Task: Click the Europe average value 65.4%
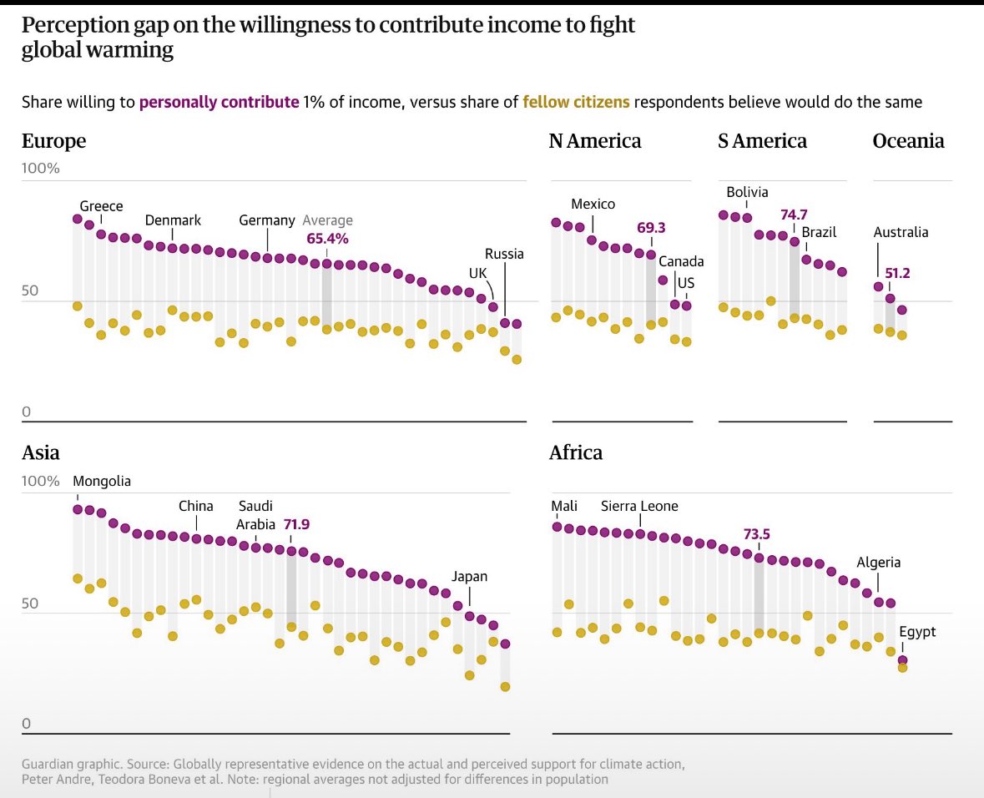click(x=327, y=239)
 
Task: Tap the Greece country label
click(x=101, y=206)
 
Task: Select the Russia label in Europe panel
click(x=504, y=254)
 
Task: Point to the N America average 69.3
click(x=651, y=228)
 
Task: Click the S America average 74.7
click(x=794, y=215)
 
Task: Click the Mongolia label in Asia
click(x=102, y=482)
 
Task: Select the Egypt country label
click(x=917, y=633)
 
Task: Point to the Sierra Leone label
click(x=639, y=507)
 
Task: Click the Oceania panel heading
click(x=908, y=141)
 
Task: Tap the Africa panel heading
click(x=576, y=453)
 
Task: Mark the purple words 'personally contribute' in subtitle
click(x=219, y=103)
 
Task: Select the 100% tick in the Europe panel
click(x=41, y=169)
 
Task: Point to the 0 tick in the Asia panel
click(x=26, y=725)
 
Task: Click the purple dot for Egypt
click(x=902, y=660)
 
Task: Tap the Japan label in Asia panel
click(x=469, y=577)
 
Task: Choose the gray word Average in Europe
click(x=327, y=220)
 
